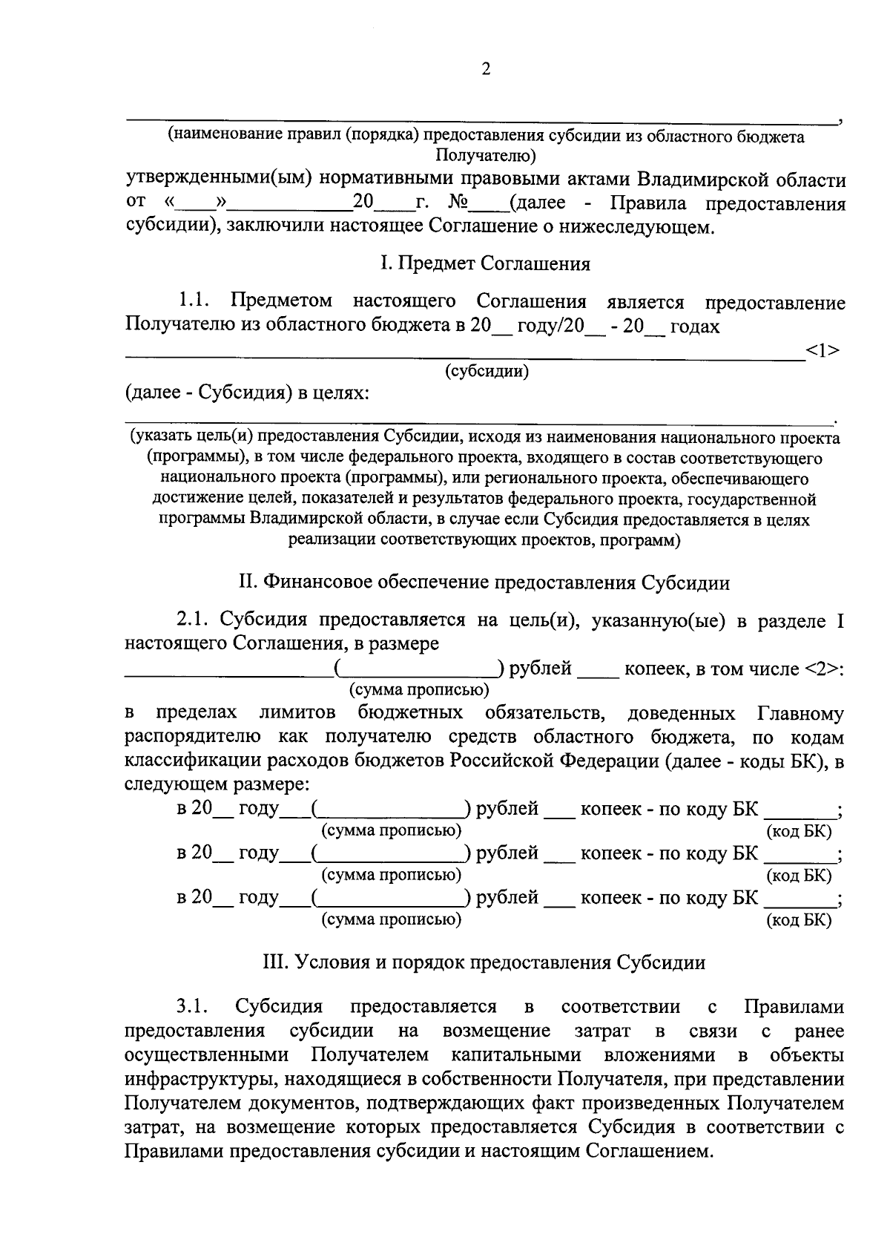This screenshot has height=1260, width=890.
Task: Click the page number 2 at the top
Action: pos(486,70)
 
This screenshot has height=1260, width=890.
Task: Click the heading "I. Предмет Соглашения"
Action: pos(485,264)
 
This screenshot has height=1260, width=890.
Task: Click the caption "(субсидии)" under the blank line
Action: pos(487,371)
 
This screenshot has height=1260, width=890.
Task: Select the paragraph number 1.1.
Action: pos(195,302)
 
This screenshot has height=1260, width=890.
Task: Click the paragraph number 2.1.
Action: pos(195,620)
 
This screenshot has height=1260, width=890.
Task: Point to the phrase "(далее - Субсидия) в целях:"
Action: pos(247,393)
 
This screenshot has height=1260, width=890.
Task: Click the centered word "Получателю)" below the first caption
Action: pos(486,155)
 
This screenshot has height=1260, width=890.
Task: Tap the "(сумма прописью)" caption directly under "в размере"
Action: pos(419,689)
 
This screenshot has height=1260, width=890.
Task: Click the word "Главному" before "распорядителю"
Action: pos(800,714)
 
